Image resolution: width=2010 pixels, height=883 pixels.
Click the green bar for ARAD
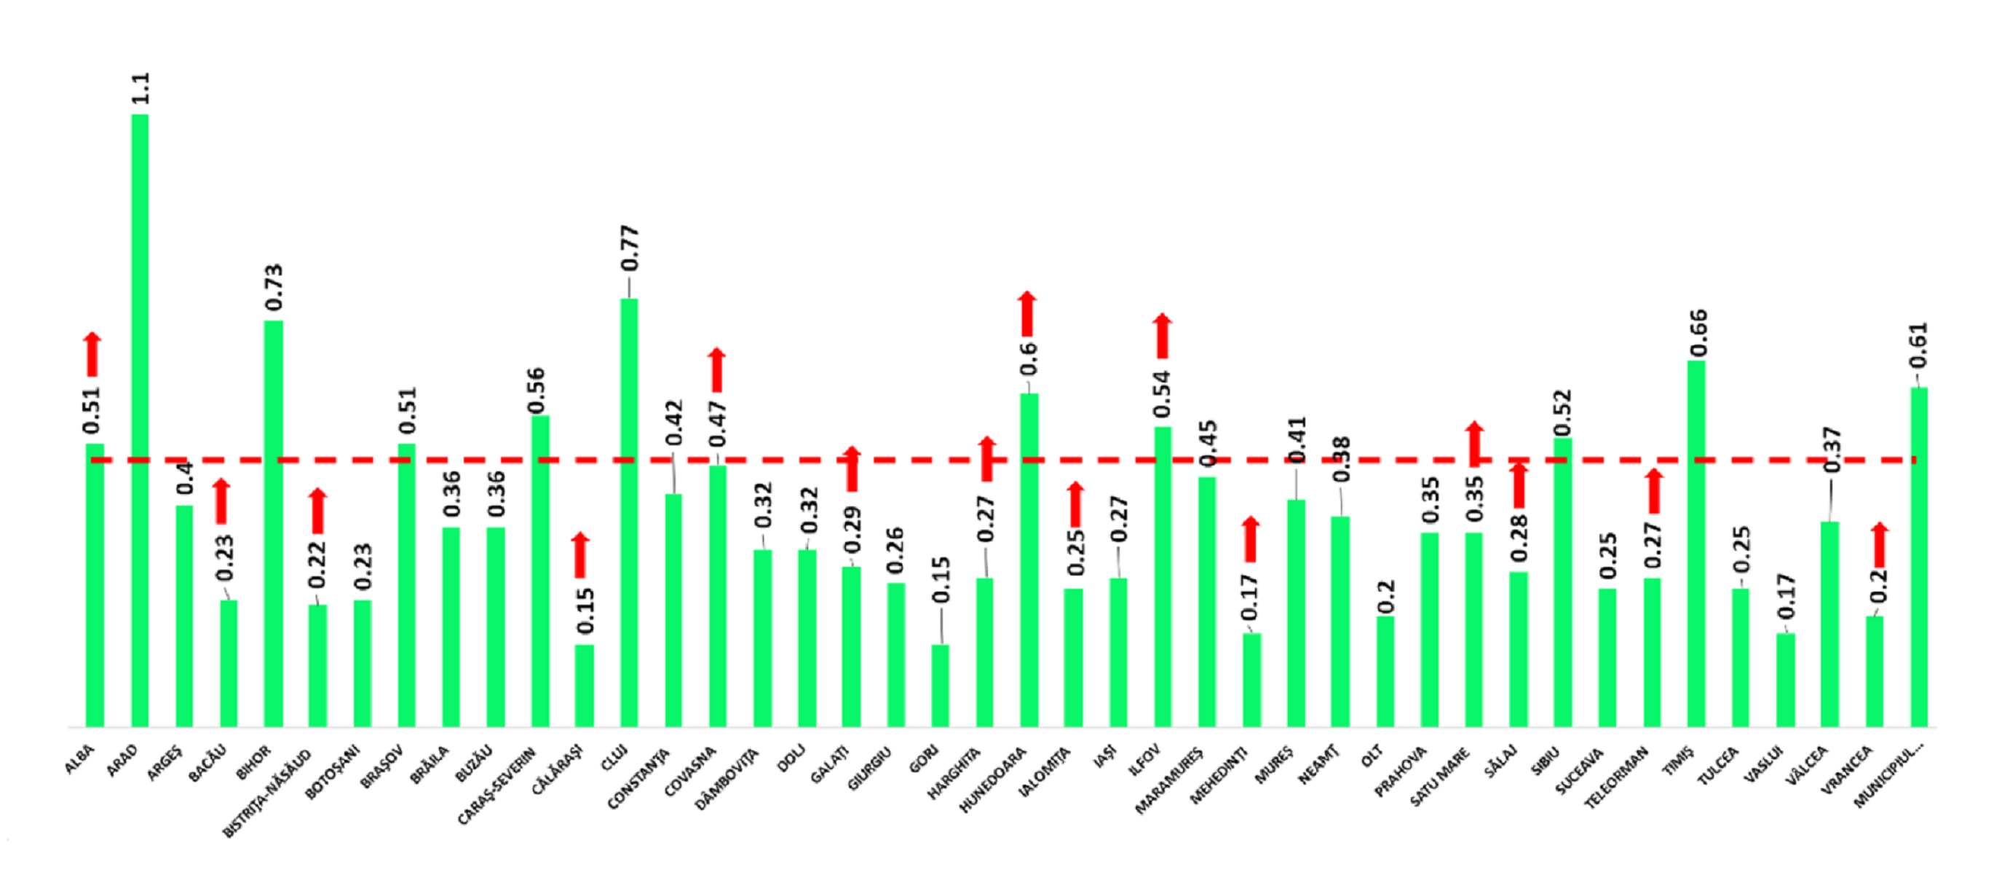[x=140, y=422]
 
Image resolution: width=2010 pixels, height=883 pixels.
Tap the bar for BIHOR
[x=273, y=523]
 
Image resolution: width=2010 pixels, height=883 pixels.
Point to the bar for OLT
[x=1385, y=672]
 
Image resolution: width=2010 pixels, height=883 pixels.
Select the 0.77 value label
[x=630, y=248]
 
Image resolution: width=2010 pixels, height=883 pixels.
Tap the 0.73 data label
[x=274, y=287]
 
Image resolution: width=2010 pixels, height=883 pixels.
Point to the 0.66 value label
[x=1698, y=333]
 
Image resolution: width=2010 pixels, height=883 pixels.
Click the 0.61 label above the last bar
[x=1919, y=345]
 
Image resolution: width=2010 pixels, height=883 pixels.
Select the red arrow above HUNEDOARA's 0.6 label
[x=1027, y=314]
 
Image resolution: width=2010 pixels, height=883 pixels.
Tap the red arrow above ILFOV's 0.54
[x=1162, y=336]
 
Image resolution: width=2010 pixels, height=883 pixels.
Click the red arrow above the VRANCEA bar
[x=1880, y=545]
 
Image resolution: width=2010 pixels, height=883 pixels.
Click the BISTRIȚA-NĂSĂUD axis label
[x=268, y=793]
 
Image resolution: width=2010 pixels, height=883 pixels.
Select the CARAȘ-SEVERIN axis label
[x=498, y=785]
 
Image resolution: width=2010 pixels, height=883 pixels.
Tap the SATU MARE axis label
[x=1441, y=777]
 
